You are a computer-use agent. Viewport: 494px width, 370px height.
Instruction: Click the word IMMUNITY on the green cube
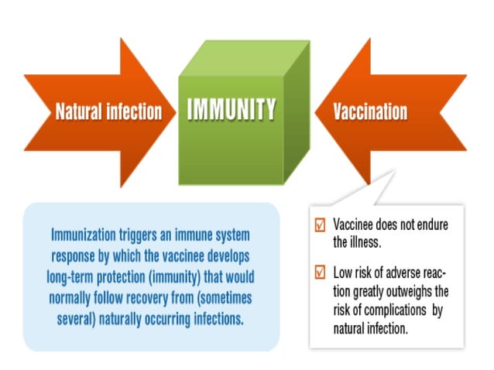(232, 111)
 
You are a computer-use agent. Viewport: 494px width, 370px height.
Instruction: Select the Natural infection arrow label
(108, 111)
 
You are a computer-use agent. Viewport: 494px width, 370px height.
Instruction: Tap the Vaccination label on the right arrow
(370, 111)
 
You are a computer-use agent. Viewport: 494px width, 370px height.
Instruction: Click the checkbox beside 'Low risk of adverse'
(320, 272)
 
